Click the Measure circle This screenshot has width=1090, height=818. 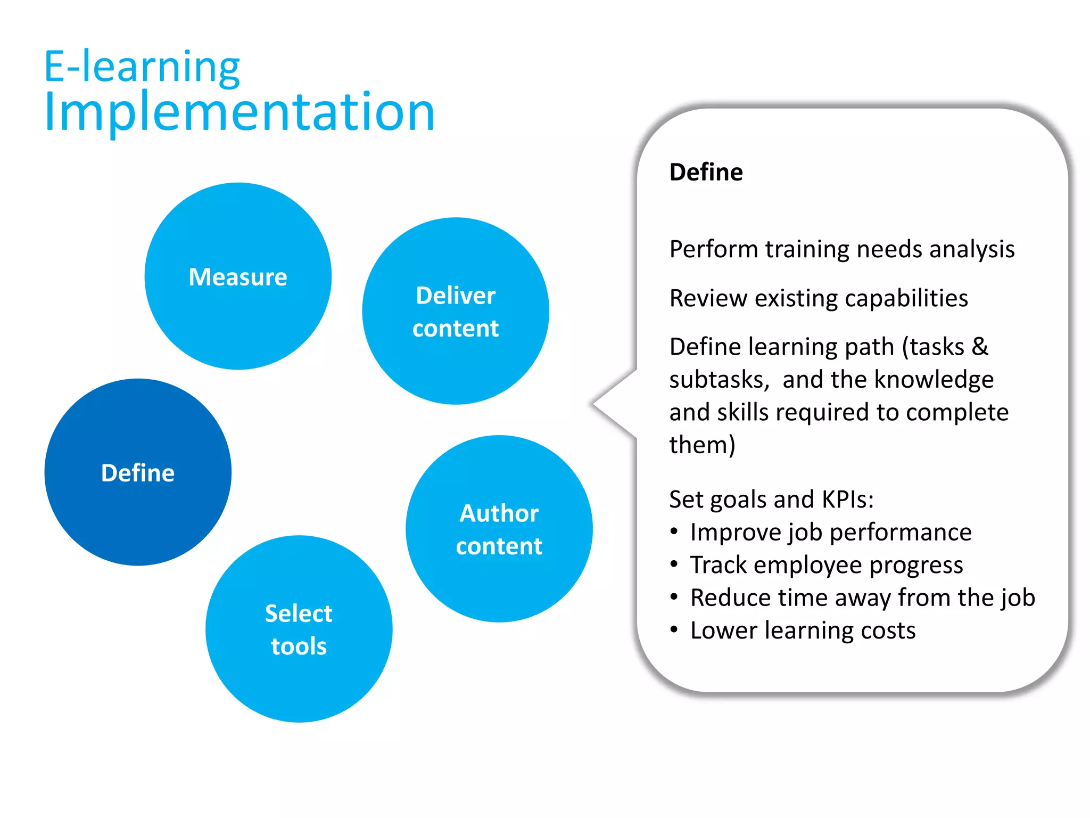click(238, 276)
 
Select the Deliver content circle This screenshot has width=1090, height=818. click(456, 311)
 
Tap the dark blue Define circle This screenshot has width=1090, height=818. click(138, 472)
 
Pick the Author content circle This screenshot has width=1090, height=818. click(499, 529)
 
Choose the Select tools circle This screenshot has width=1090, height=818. click(299, 629)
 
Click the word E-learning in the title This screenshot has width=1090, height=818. click(142, 67)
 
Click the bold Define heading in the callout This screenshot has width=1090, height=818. click(706, 172)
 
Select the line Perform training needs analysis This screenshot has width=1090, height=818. click(842, 249)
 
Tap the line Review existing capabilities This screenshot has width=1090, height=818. click(819, 298)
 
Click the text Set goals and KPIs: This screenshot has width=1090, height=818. click(771, 500)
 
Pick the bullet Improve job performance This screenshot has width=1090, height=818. click(831, 532)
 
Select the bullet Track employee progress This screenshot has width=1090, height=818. click(827, 565)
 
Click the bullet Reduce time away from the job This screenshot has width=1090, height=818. click(862, 598)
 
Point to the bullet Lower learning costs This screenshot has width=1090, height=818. click(803, 631)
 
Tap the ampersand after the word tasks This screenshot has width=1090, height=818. click(980, 347)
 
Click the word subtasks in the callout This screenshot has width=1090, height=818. click(719, 380)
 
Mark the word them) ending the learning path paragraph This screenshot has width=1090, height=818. click(702, 445)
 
